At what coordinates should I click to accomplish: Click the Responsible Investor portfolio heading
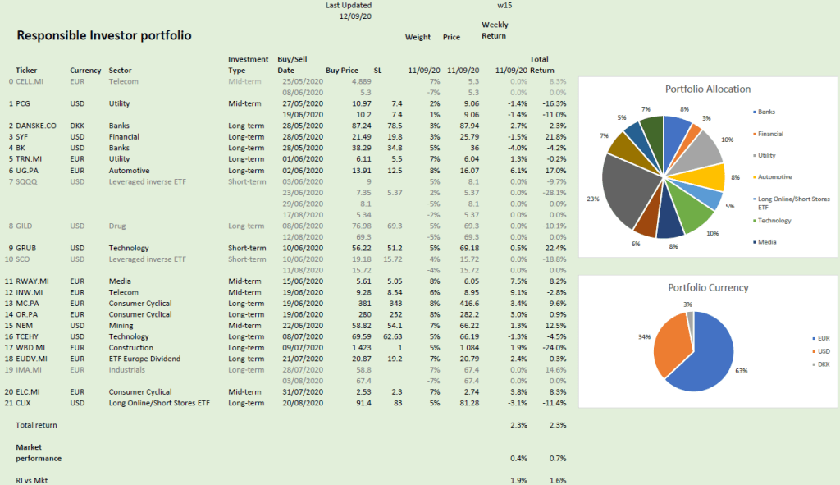[x=104, y=36]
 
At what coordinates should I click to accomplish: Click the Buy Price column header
[x=342, y=71]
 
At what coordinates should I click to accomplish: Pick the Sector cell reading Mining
[x=121, y=326]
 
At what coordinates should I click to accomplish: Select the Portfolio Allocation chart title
[x=707, y=89]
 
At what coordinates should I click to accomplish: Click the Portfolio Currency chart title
[x=707, y=287]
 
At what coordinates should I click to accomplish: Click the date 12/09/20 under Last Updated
[x=355, y=16]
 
